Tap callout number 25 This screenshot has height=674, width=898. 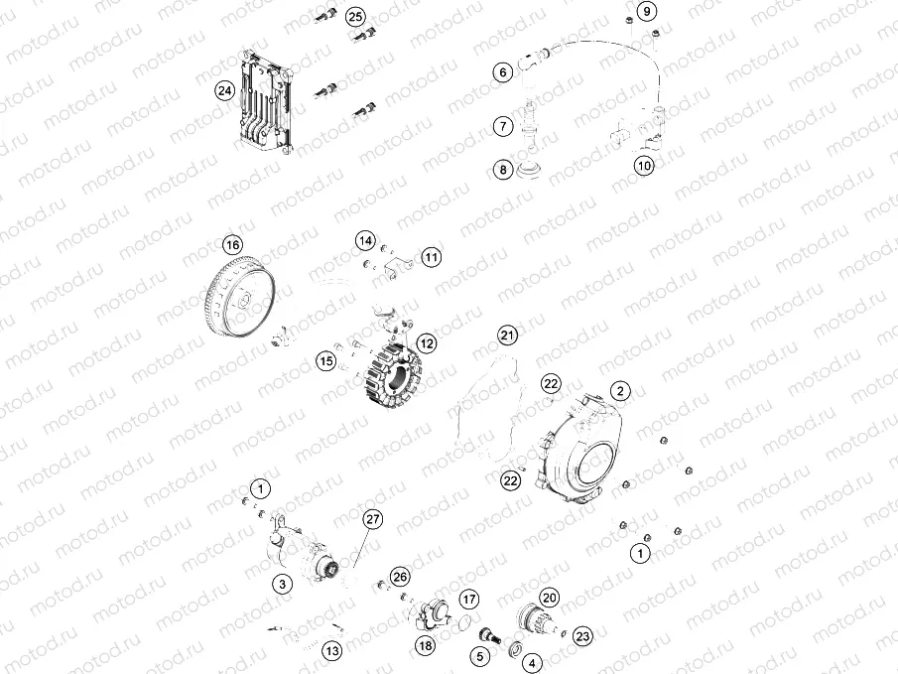[x=354, y=17]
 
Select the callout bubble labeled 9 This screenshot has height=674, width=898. [x=645, y=12]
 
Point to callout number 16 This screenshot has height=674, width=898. [x=231, y=245]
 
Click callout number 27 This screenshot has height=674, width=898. [x=373, y=519]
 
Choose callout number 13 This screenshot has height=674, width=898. [x=331, y=651]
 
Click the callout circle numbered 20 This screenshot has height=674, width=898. [x=550, y=598]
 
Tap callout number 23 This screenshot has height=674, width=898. [x=582, y=636]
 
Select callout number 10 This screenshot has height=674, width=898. [x=645, y=166]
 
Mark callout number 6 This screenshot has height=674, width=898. [x=503, y=71]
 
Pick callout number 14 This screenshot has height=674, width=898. [x=365, y=241]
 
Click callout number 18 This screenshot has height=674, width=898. [x=425, y=646]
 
